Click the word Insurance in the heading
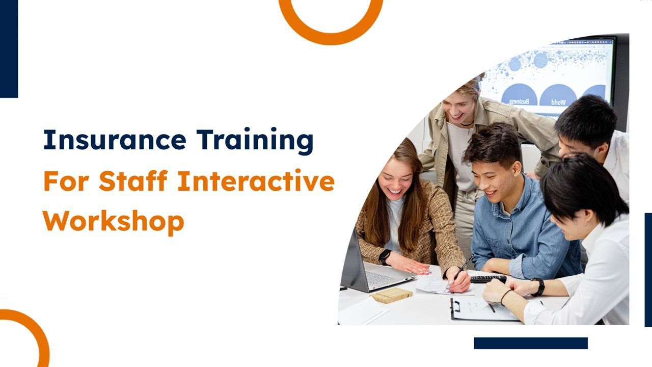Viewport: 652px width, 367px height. [115, 140]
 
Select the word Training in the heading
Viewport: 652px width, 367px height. [255, 141]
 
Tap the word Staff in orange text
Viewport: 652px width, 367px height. [133, 180]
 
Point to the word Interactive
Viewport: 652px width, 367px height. [256, 180]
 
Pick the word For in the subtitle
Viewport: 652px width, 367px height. [66, 181]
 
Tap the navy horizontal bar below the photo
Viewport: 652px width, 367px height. [531, 343]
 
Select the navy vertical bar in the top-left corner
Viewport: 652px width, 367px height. [9, 48]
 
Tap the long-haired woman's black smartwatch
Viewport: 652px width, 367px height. [385, 257]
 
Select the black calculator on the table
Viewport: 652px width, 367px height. [488, 279]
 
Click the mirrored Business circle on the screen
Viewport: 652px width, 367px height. [519, 94]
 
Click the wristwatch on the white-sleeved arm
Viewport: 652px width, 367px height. [539, 287]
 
